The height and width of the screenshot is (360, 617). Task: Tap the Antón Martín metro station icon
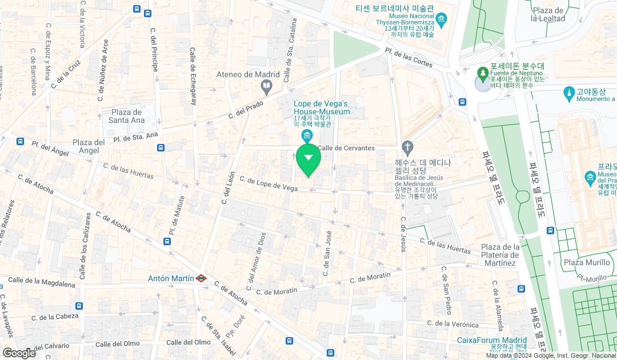click(x=201, y=278)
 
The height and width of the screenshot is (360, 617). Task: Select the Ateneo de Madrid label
click(x=248, y=74)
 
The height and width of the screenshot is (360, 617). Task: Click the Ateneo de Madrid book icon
click(x=266, y=87)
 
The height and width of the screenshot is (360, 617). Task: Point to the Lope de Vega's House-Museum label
click(x=322, y=107)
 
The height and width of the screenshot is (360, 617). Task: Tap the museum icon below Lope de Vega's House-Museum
click(x=307, y=135)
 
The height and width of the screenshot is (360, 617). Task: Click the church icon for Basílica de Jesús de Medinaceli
click(x=407, y=148)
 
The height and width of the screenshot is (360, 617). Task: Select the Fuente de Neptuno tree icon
click(x=483, y=73)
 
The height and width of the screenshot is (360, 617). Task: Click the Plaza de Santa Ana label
click(x=126, y=116)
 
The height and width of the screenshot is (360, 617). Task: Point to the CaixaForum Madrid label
click(x=491, y=340)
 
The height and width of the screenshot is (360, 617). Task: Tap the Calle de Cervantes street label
click(x=346, y=148)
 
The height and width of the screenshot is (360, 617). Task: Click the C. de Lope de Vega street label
click(x=269, y=183)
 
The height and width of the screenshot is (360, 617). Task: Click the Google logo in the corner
click(x=19, y=353)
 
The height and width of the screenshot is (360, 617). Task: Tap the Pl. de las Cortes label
click(x=408, y=57)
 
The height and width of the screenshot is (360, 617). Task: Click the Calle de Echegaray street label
click(x=193, y=77)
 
